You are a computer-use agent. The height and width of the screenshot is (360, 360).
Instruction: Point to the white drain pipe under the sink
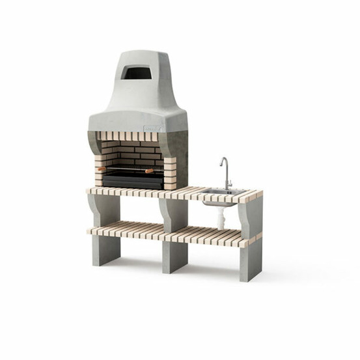tap(221, 217)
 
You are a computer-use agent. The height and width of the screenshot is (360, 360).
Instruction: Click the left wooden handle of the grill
tap(102, 170)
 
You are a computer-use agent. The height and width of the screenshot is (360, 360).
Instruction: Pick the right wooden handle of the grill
tap(150, 171)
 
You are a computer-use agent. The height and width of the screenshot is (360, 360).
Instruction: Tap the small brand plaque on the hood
tap(151, 128)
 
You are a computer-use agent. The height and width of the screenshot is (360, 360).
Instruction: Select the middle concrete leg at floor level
tap(174, 258)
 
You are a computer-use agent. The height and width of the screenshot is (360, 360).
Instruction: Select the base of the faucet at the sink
tap(227, 189)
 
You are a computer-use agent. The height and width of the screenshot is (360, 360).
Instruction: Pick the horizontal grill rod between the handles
tap(126, 171)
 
